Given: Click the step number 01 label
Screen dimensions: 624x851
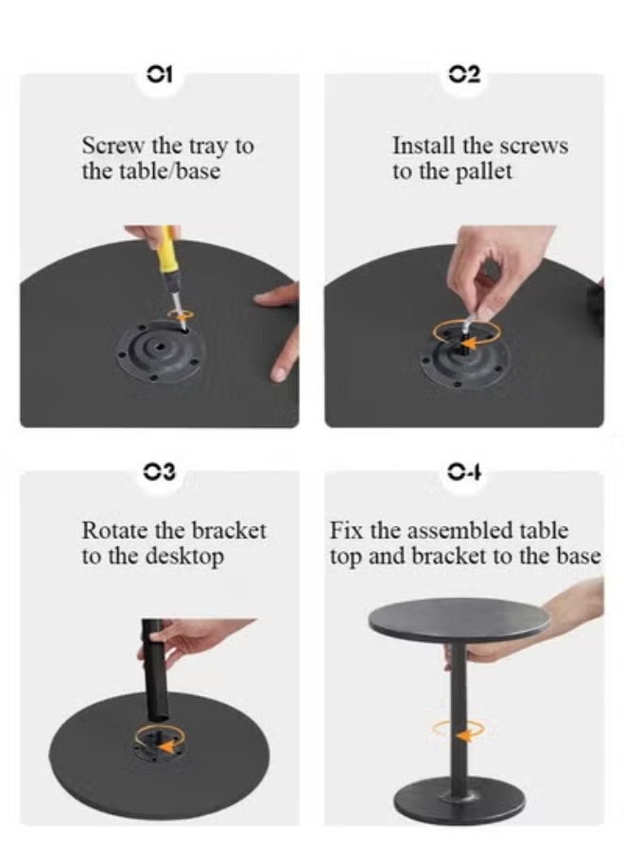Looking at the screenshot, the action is (160, 74).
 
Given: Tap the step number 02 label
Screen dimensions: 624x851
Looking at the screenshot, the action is (464, 75).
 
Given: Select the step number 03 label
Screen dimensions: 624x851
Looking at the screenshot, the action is (160, 471).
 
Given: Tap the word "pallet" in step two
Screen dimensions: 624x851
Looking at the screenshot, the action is (483, 172).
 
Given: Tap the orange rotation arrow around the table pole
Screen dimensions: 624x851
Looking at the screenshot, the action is (459, 731).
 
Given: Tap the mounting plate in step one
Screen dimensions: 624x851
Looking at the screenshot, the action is (160, 351).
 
